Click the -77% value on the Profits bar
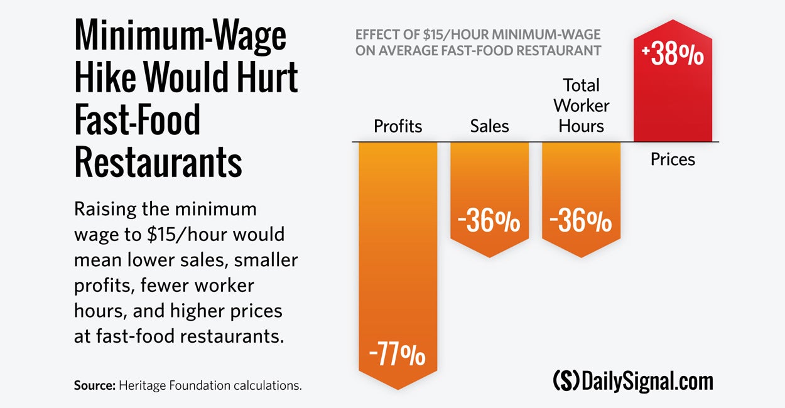click(398, 356)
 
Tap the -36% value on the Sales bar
click(489, 222)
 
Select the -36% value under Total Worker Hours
click(581, 222)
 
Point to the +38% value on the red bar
click(673, 55)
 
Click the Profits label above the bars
click(398, 126)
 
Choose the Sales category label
click(489, 126)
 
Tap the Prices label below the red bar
click(673, 159)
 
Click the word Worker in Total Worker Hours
click(582, 105)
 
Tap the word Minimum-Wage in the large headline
click(180, 36)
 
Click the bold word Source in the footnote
click(93, 385)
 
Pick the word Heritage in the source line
click(141, 385)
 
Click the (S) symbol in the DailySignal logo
click(566, 381)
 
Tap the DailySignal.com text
click(647, 381)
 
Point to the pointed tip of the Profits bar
click(398, 389)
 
